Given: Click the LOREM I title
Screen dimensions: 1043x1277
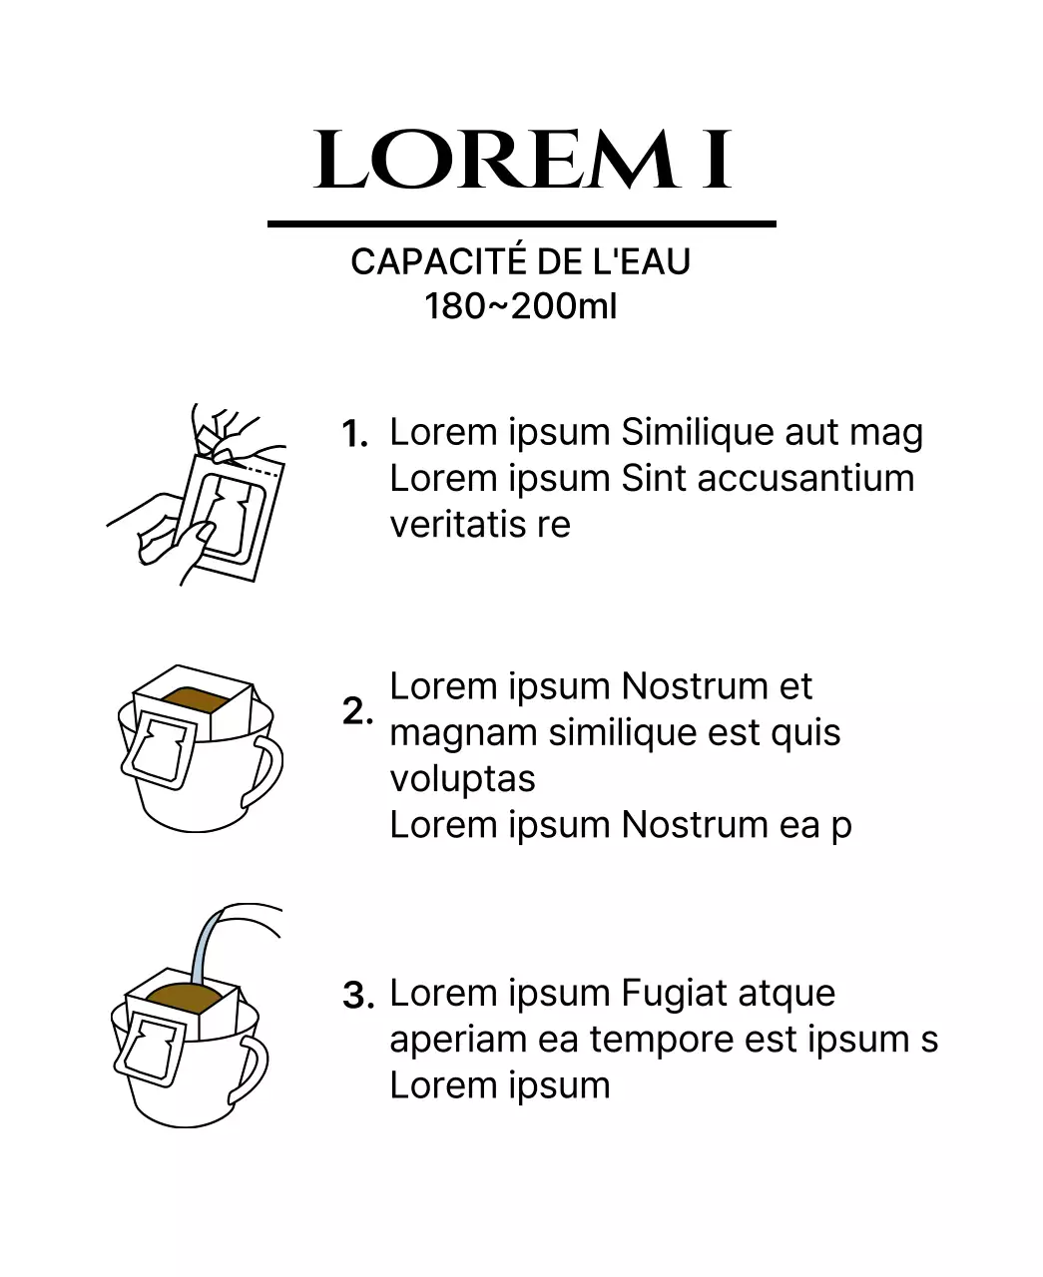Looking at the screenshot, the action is click(x=522, y=160).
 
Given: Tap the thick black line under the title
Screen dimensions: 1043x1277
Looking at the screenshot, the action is click(x=521, y=224).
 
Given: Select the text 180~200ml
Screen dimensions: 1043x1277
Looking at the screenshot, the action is click(x=521, y=305).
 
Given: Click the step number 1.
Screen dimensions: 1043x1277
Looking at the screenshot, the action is click(x=355, y=434).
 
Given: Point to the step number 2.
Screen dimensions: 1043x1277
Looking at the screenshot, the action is click(x=357, y=711).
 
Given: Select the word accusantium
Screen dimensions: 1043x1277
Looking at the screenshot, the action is click(x=805, y=478).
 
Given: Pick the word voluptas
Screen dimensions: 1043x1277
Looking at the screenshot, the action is click(x=463, y=780).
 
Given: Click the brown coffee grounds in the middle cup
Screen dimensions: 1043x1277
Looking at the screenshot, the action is click(x=194, y=698).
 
